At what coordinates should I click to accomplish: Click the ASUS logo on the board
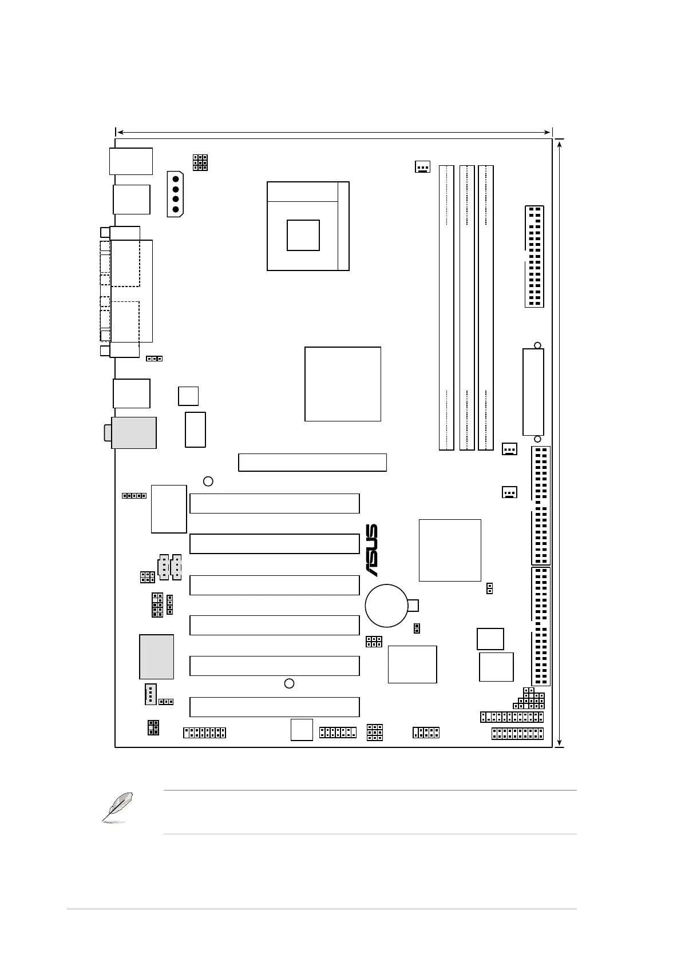pyautogui.click(x=371, y=550)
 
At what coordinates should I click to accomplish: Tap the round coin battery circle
pyautogui.click(x=386, y=605)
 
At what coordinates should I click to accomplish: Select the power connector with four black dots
pyautogui.click(x=175, y=194)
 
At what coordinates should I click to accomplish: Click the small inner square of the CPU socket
pyautogui.click(x=303, y=234)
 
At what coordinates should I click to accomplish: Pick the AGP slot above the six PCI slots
pyautogui.click(x=312, y=462)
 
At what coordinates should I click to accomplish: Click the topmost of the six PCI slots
pyautogui.click(x=274, y=503)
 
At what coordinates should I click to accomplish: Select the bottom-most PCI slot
pyautogui.click(x=274, y=707)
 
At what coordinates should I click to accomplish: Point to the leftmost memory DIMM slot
pyautogui.click(x=446, y=308)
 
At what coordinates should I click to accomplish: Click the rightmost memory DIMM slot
pyautogui.click(x=486, y=308)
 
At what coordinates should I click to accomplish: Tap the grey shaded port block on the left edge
pyautogui.click(x=134, y=432)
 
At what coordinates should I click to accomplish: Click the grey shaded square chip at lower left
pyautogui.click(x=156, y=656)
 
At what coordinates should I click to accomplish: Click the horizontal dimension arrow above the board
pyautogui.click(x=333, y=133)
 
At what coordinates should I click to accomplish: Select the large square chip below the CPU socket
pyautogui.click(x=342, y=384)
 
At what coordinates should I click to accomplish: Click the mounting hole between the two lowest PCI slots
pyautogui.click(x=290, y=683)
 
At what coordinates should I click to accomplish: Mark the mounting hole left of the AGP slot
pyautogui.click(x=208, y=481)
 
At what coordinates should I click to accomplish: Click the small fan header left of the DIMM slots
pyautogui.click(x=422, y=167)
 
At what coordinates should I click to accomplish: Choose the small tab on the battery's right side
pyautogui.click(x=414, y=605)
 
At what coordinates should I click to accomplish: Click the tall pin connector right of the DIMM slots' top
pyautogui.click(x=534, y=256)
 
